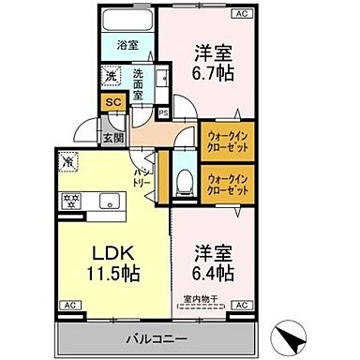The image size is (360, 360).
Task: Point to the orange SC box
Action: click(111, 101)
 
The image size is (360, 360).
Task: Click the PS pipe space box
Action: click(163, 113)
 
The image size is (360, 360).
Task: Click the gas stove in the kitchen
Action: click(71, 199)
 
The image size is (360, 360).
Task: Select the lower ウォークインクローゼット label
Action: click(227, 183)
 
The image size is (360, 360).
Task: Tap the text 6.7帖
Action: click(214, 72)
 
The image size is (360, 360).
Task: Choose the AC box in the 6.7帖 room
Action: click(242, 14)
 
